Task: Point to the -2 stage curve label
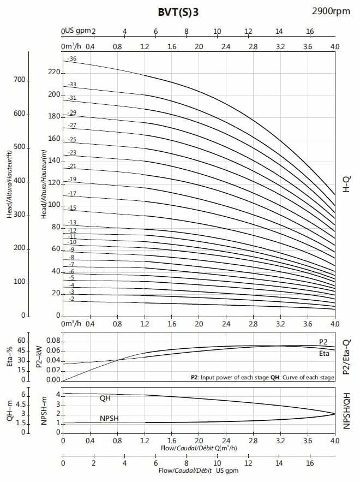[x=71, y=299]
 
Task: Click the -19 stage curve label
[x=72, y=180]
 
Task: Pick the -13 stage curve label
[x=72, y=222]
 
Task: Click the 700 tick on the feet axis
[x=20, y=80]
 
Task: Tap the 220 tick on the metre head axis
[x=54, y=72]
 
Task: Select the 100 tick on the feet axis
[x=20, y=282]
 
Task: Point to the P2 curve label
[x=323, y=342]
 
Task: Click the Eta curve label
[x=323, y=354]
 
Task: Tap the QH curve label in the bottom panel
[x=105, y=398]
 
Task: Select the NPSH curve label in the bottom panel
[x=110, y=418]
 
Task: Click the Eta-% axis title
[x=9, y=358]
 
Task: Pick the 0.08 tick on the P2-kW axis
[x=53, y=341]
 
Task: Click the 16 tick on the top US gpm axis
[x=310, y=31]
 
